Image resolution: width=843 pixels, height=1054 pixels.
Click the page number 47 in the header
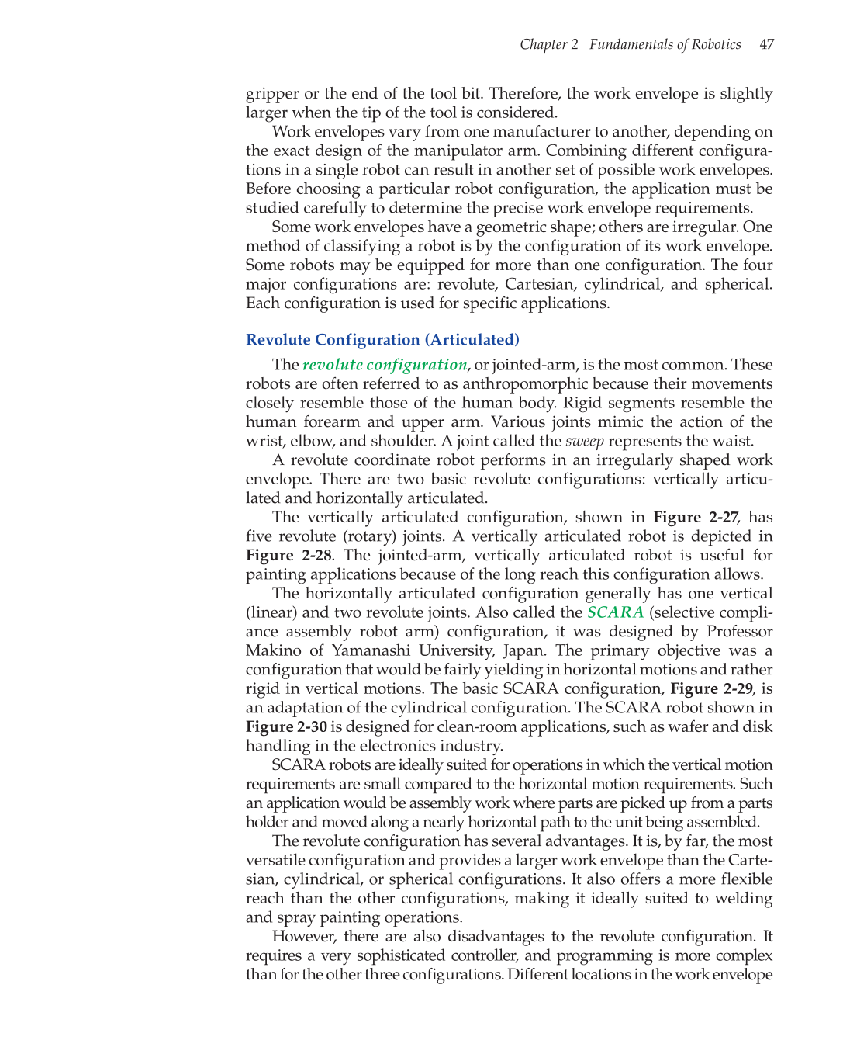click(766, 44)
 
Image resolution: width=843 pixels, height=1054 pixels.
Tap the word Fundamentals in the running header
click(631, 44)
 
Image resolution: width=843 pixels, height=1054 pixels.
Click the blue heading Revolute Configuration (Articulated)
click(382, 340)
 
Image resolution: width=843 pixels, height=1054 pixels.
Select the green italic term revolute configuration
click(385, 365)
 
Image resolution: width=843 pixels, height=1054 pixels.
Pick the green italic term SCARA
click(615, 612)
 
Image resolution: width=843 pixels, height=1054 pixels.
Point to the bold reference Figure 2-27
click(696, 518)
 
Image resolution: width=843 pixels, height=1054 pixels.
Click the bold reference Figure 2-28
click(288, 556)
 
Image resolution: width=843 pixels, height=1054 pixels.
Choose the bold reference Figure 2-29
click(711, 689)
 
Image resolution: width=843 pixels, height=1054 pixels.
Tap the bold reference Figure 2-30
click(286, 727)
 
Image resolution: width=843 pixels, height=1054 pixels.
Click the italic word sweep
click(584, 442)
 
